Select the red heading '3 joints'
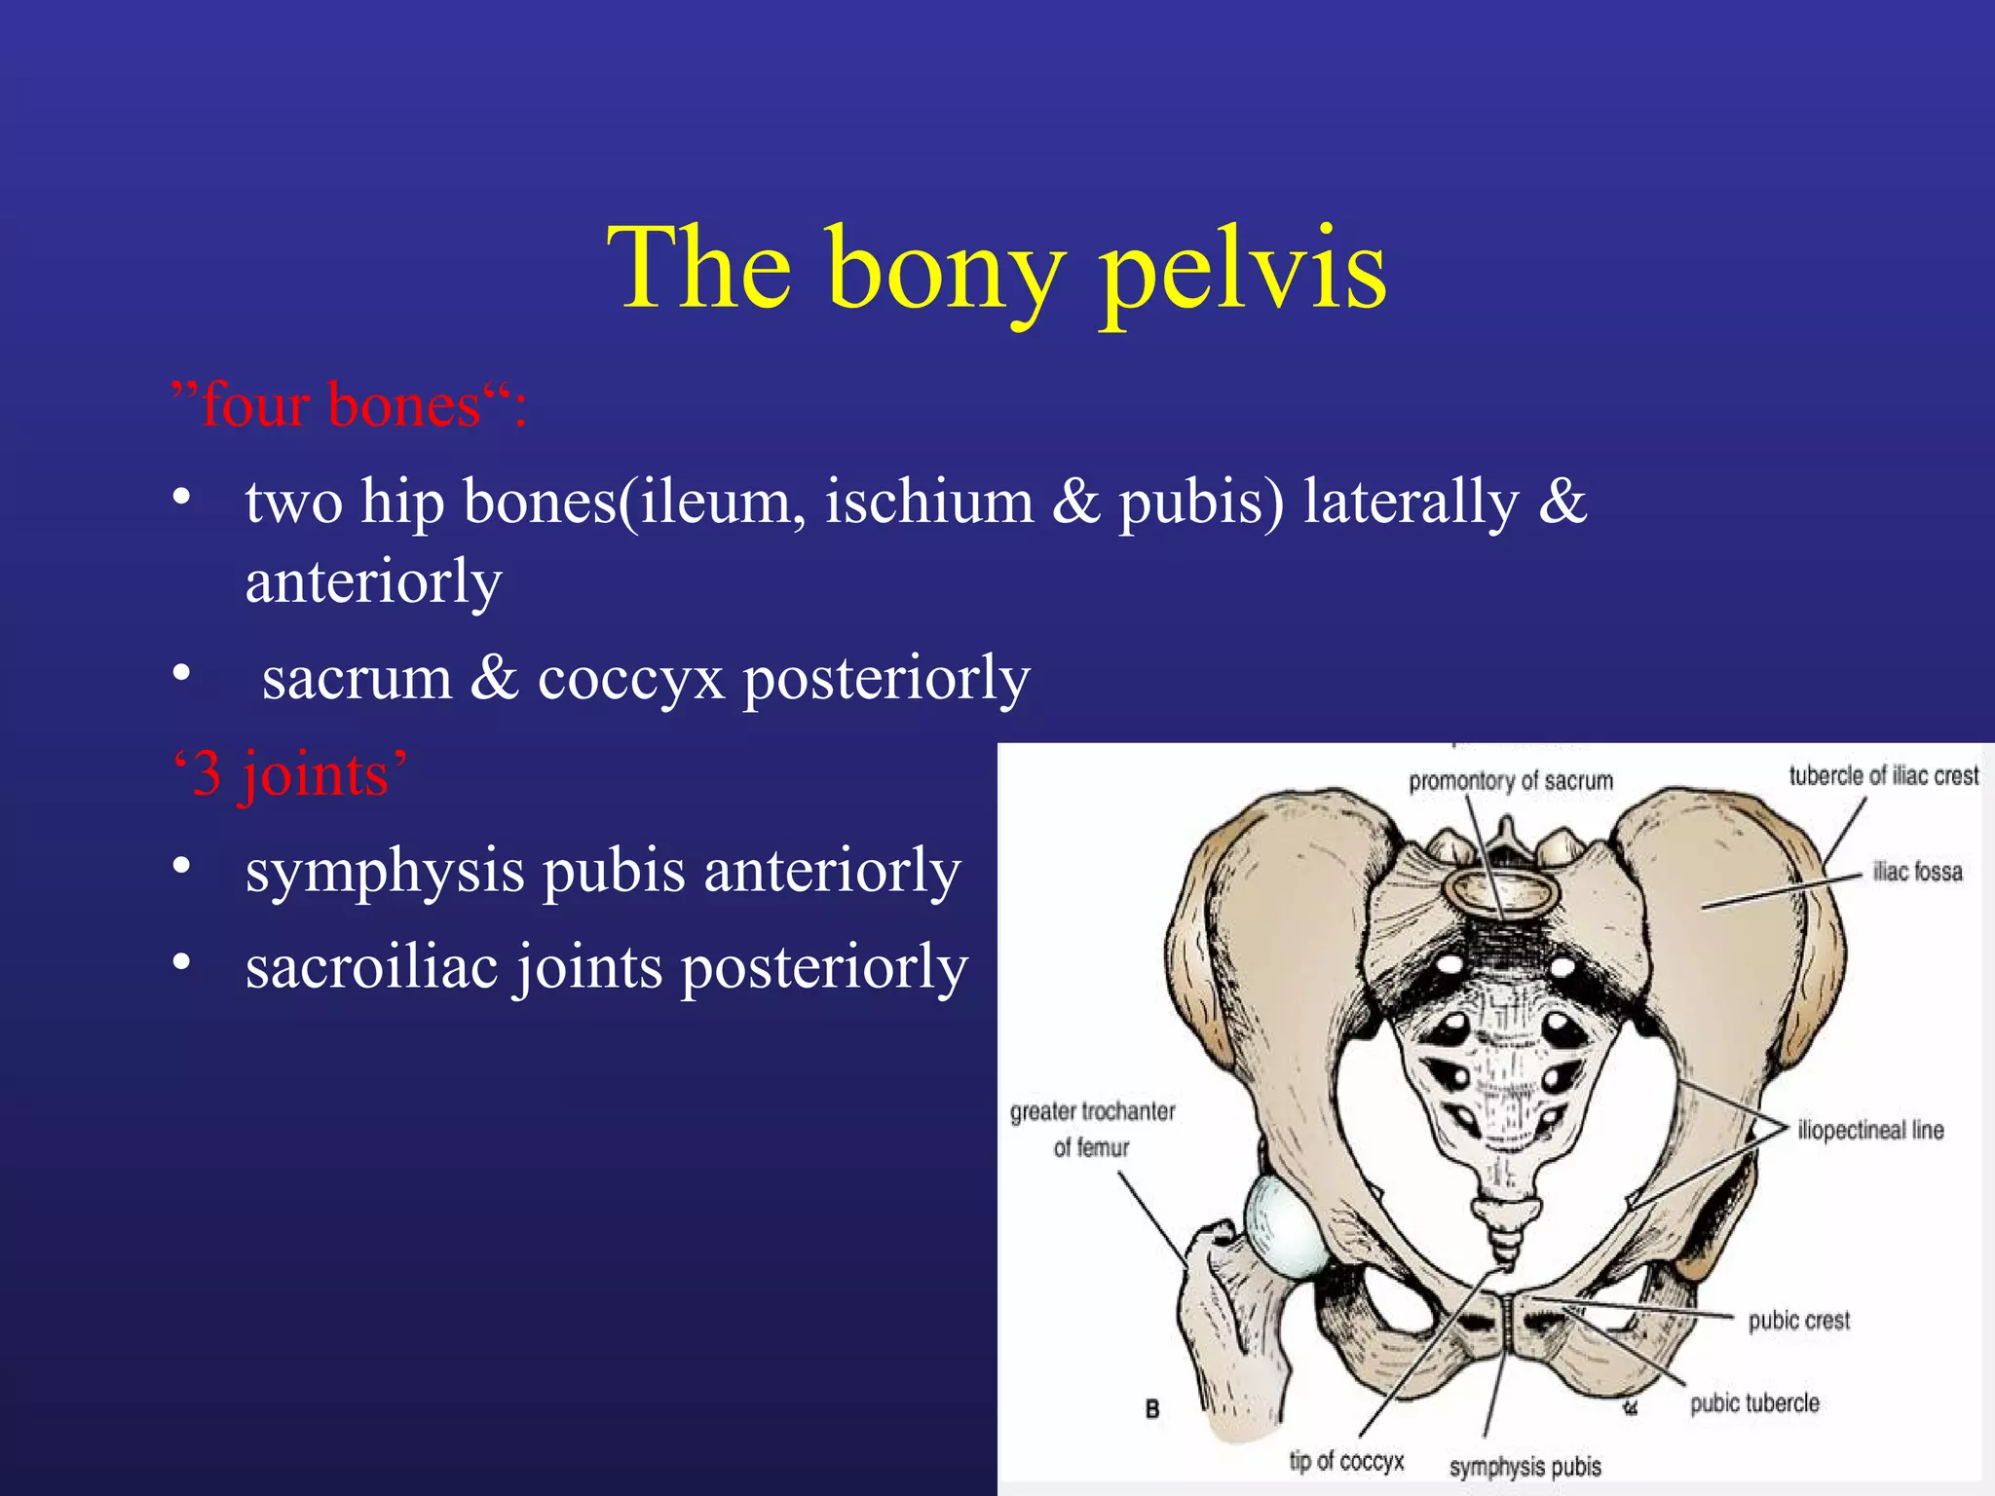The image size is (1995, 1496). [x=289, y=774]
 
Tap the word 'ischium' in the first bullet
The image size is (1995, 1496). [x=928, y=503]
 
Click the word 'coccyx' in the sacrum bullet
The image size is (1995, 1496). [x=630, y=678]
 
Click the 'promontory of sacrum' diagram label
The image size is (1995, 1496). [x=1510, y=781]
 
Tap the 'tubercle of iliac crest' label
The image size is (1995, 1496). [x=1883, y=776]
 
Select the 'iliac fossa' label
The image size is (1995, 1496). [x=1917, y=872]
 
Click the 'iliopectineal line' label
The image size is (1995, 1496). [x=1870, y=1131]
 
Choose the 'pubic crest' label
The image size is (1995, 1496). [x=1798, y=1321]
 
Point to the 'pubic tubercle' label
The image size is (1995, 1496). [x=1754, y=1403]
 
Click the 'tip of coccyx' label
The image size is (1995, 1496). [x=1346, y=1461]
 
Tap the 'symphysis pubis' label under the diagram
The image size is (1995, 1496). [x=1524, y=1467]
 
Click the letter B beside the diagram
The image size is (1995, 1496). [x=1152, y=1409]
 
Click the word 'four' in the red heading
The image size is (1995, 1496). [x=255, y=405]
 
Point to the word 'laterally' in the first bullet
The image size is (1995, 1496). [x=1411, y=503]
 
